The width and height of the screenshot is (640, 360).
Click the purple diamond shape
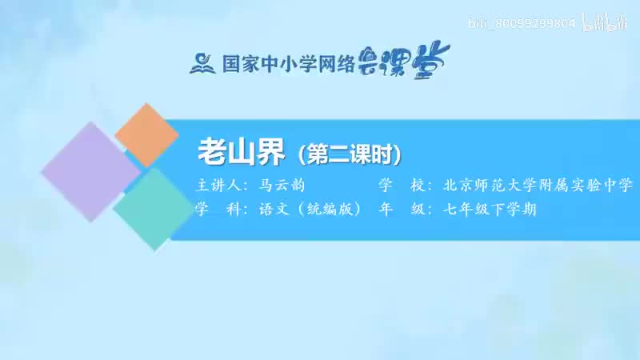[x=90, y=170]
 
